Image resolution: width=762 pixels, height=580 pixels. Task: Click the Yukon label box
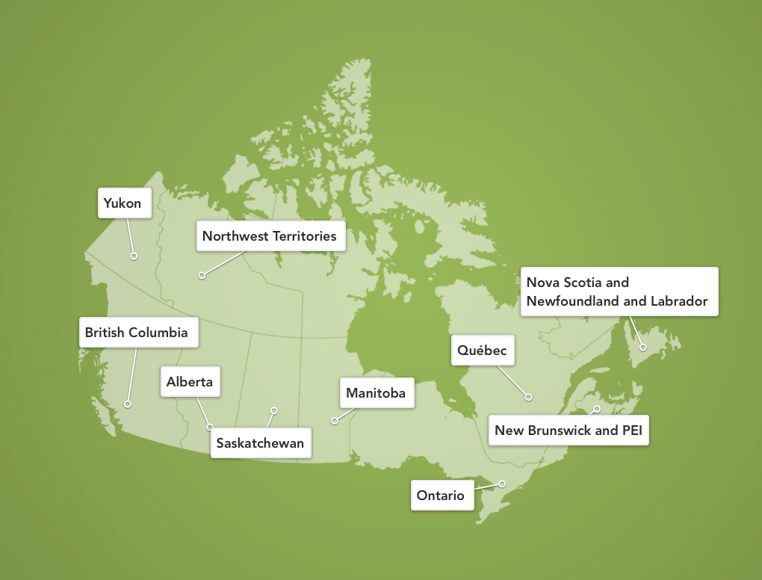tap(125, 203)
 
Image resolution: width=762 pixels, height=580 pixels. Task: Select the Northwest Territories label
tap(270, 236)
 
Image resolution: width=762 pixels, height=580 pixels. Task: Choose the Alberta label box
tap(190, 381)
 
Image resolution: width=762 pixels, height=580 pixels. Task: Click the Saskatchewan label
tap(260, 442)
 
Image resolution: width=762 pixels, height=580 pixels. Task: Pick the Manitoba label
tap(376, 392)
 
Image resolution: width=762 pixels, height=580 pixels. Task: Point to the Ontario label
tap(442, 495)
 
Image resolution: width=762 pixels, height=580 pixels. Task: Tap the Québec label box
tap(483, 350)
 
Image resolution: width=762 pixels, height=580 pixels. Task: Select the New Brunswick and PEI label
tap(569, 431)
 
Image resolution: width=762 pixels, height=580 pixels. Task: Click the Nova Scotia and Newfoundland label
tap(619, 291)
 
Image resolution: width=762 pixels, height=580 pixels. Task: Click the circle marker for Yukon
tap(134, 256)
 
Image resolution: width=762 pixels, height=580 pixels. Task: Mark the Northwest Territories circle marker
tap(202, 276)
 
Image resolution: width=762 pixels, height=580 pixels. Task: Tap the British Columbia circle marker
tap(128, 404)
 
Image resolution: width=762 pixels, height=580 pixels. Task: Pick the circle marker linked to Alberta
tap(210, 428)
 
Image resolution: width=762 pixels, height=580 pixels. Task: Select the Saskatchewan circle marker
tap(274, 410)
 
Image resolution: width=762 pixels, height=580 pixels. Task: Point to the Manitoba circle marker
tap(335, 421)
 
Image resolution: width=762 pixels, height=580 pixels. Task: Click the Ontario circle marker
tap(503, 484)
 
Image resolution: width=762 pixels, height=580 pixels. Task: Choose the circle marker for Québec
tap(528, 397)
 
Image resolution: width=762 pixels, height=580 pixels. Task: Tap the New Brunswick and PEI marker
tap(596, 409)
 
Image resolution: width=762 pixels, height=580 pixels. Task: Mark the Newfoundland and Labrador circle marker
tap(643, 347)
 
